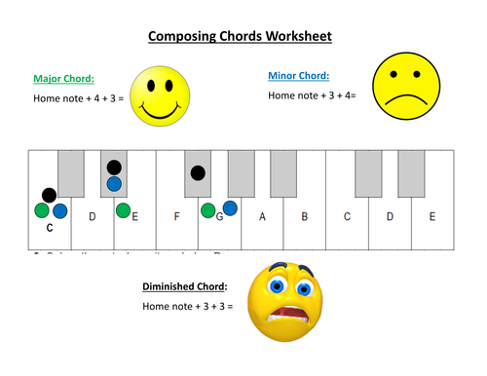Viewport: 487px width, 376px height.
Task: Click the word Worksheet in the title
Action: click(298, 37)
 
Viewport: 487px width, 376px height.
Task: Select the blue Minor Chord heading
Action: click(298, 75)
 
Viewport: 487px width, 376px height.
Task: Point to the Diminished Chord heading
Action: click(185, 286)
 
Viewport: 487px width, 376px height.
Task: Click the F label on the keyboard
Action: click(176, 216)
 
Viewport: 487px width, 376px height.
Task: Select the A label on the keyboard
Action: click(262, 216)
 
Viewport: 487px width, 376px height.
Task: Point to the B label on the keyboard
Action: click(304, 216)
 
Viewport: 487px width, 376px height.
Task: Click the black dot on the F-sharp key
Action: click(198, 173)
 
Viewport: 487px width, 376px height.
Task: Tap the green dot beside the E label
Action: click(123, 210)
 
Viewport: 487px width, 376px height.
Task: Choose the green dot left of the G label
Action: click(208, 210)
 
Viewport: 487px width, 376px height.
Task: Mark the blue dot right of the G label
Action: click(231, 207)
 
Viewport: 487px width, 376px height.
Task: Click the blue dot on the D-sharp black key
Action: click(114, 183)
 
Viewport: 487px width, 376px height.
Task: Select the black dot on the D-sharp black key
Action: click(114, 168)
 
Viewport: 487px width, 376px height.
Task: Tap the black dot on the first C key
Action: click(49, 195)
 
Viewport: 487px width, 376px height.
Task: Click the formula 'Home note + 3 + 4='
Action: click(312, 95)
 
